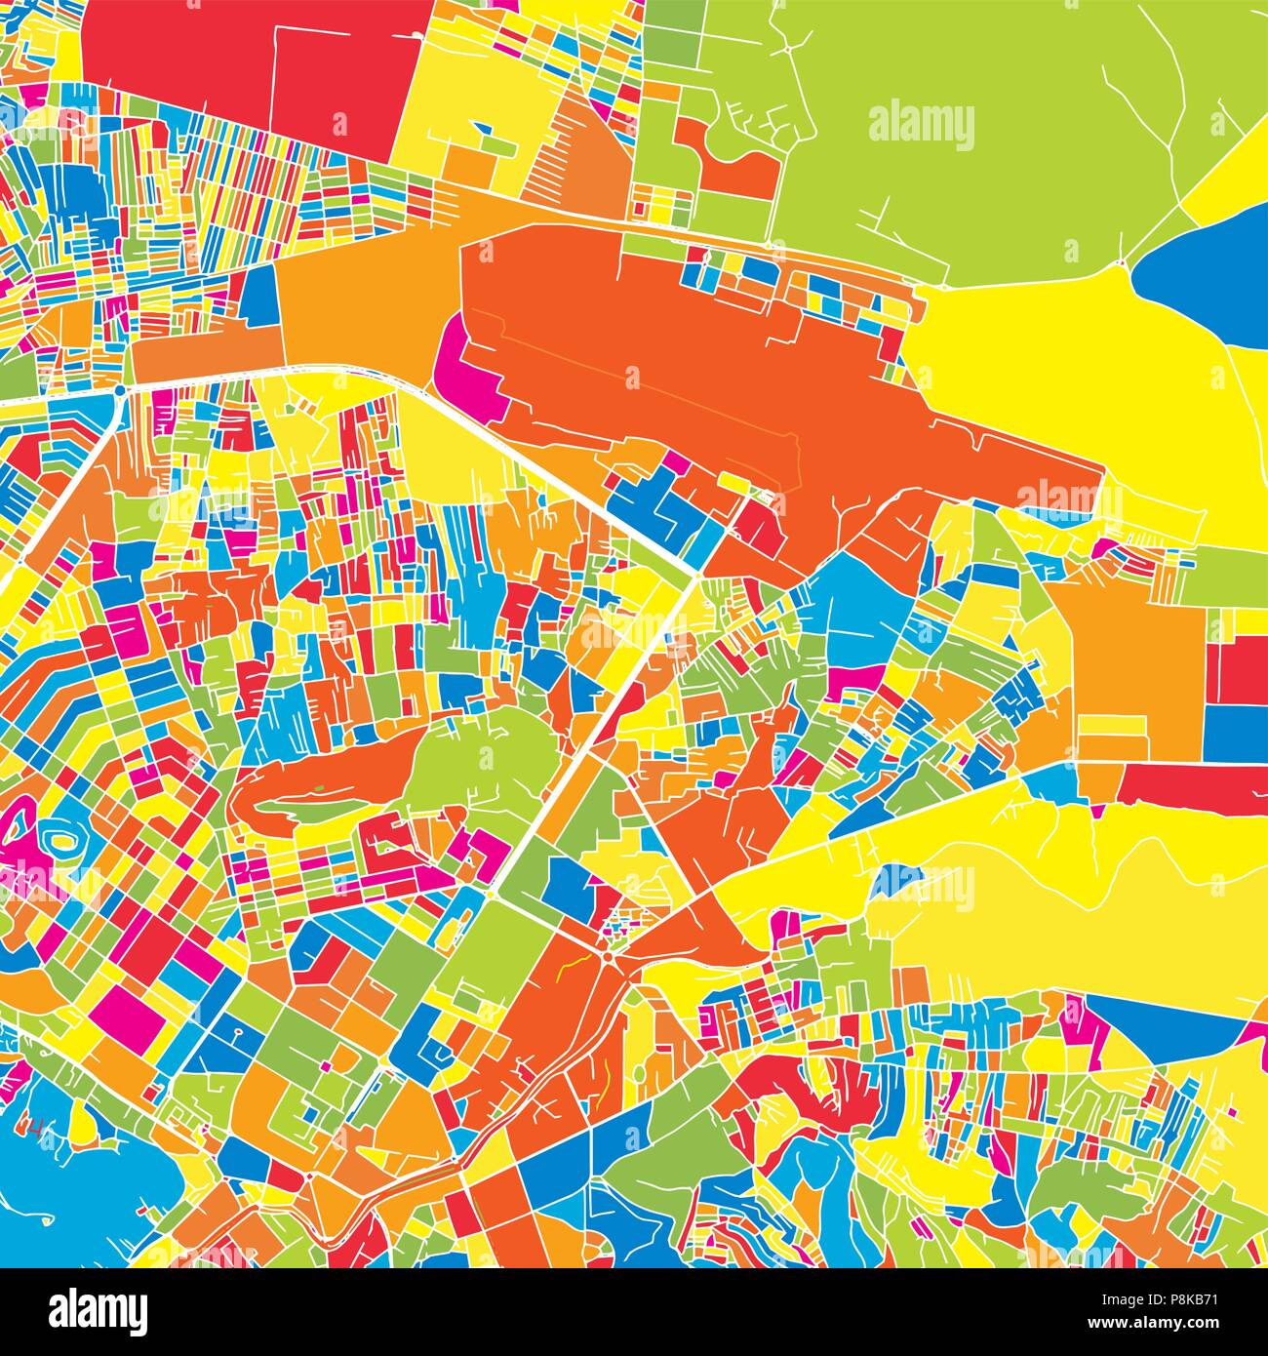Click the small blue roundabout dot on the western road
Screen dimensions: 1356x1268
point(119,389)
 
